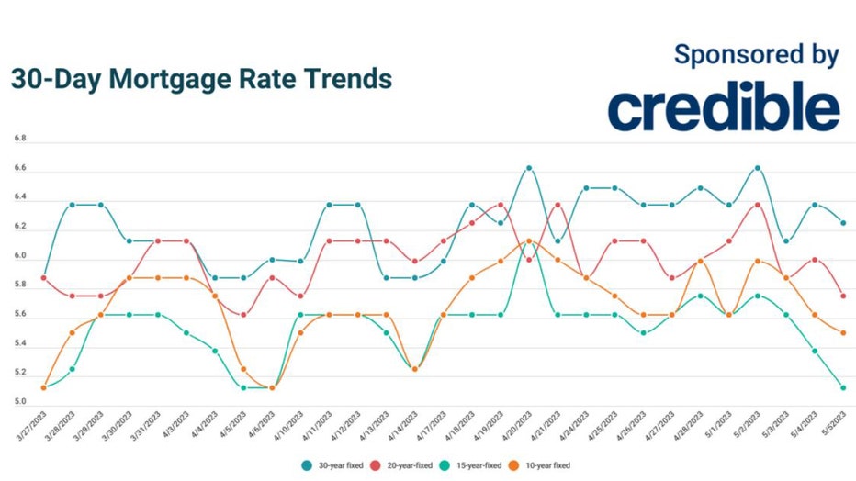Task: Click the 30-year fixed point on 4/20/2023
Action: tap(529, 168)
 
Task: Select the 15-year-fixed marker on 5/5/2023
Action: tap(843, 387)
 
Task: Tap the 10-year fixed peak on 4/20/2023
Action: tap(529, 240)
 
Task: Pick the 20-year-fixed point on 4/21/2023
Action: tap(558, 205)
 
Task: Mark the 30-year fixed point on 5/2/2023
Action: tap(758, 168)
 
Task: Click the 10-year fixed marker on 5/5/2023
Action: tap(843, 332)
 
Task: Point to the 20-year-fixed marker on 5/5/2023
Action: tap(843, 296)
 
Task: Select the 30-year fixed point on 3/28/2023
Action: tap(72, 205)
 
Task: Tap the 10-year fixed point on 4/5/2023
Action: tap(243, 369)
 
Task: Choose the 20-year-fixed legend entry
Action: tap(403, 465)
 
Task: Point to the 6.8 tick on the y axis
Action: tap(19, 139)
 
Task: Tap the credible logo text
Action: tap(723, 107)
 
